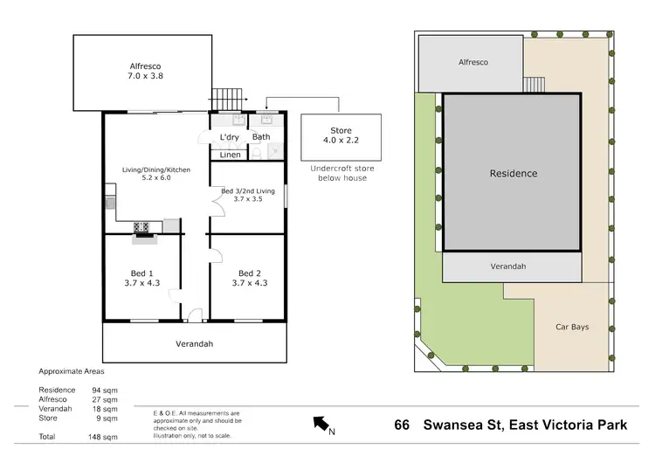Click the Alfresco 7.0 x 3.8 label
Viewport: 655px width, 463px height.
click(141, 70)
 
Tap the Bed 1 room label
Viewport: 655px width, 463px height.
click(142, 278)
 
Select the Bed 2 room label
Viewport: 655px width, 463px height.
click(248, 278)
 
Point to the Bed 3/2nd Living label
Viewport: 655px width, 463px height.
click(247, 195)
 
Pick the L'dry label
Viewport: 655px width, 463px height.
click(230, 137)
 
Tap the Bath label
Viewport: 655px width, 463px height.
click(261, 137)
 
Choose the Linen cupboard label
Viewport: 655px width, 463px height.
click(230, 155)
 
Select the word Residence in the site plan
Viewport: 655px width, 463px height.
click(513, 173)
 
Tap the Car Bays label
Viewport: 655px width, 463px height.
click(573, 328)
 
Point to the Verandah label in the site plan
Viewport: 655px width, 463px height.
click(513, 266)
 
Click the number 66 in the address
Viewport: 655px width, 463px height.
click(402, 425)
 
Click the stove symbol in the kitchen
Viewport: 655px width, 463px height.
click(141, 229)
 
